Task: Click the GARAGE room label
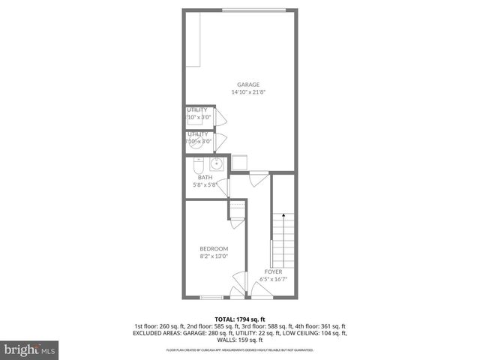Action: tap(248, 85)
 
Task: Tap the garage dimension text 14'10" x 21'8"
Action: tap(248, 92)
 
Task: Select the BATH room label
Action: tap(205, 178)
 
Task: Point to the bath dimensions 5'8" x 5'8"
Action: tap(205, 184)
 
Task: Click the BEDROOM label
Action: tap(214, 249)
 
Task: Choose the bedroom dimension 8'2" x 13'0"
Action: tap(214, 256)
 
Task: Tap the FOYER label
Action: tap(273, 271)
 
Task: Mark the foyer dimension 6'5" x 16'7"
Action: tap(273, 279)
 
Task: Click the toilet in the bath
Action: tap(196, 163)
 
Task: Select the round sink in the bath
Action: tap(215, 164)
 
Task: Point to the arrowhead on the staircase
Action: tap(283, 215)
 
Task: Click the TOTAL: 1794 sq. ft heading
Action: tap(240, 318)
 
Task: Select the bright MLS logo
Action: tap(28, 349)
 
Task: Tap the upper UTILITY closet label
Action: tap(198, 110)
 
